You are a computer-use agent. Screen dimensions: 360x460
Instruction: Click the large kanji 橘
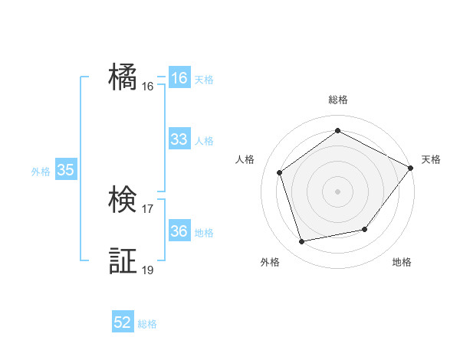[123, 77]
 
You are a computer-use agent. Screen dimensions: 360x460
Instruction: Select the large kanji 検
[123, 201]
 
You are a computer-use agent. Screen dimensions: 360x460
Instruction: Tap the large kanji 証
[123, 261]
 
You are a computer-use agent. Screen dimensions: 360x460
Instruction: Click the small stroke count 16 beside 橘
[148, 87]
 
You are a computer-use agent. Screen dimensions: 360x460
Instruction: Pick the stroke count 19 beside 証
[148, 270]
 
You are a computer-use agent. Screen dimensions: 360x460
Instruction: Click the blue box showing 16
[179, 78]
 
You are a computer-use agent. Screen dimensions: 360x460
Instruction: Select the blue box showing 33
[179, 139]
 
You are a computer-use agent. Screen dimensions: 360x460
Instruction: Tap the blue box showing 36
[179, 231]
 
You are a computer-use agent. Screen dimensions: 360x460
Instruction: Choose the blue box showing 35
[66, 171]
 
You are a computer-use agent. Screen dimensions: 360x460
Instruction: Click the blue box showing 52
[123, 322]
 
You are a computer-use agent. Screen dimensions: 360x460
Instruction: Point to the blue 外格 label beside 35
[41, 172]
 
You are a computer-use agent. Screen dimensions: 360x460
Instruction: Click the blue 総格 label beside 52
[147, 324]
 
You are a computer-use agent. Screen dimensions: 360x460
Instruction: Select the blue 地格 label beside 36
[204, 233]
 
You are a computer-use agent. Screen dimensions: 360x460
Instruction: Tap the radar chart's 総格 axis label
[338, 100]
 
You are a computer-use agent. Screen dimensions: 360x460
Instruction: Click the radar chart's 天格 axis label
[431, 159]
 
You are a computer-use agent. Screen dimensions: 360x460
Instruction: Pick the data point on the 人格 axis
[280, 172]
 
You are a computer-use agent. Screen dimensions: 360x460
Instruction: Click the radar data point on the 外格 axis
[302, 241]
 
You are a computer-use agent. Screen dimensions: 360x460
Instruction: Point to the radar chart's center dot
[338, 191]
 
